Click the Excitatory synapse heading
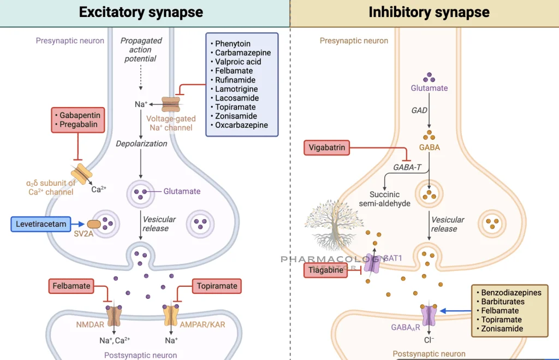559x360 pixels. click(x=141, y=13)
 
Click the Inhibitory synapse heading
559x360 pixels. click(x=429, y=13)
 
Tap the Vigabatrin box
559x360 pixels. click(x=326, y=147)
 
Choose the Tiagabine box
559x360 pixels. click(x=325, y=270)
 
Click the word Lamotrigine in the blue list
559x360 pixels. click(x=236, y=89)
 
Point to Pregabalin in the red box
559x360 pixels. click(x=80, y=125)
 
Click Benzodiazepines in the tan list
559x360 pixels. click(x=512, y=292)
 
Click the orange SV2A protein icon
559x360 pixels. click(x=94, y=224)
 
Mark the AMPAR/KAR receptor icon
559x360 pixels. click(x=171, y=315)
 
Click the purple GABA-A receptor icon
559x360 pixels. click(x=429, y=315)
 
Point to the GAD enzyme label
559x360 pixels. click(x=419, y=110)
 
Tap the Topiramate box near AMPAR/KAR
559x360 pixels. click(x=217, y=286)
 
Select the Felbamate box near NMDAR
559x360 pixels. click(x=71, y=286)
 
